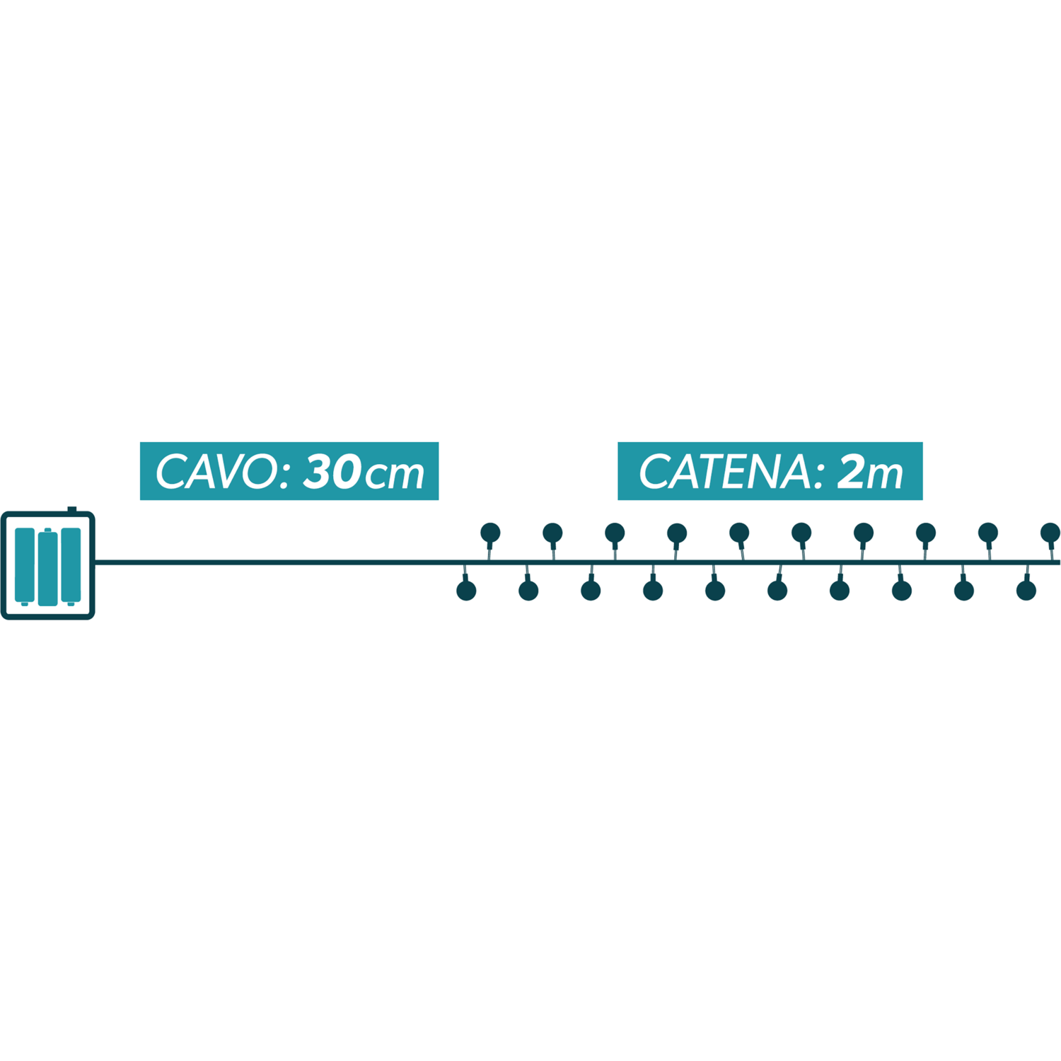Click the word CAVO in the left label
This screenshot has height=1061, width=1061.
pyautogui.click(x=217, y=472)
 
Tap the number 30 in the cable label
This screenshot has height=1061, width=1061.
pyautogui.click(x=332, y=472)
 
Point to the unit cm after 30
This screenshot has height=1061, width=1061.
pyautogui.click(x=395, y=475)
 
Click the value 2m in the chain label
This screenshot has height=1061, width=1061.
pyautogui.click(x=870, y=472)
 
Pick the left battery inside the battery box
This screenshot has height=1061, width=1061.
pyautogui.click(x=25, y=564)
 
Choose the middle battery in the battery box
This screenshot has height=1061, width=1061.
pyautogui.click(x=47, y=568)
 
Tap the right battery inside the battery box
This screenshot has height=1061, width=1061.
pyautogui.click(x=71, y=564)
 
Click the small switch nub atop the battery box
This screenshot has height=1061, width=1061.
pyautogui.click(x=72, y=509)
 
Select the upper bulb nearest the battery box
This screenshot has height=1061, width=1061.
pyautogui.click(x=490, y=533)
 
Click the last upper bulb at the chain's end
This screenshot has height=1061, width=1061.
pyautogui.click(x=1050, y=533)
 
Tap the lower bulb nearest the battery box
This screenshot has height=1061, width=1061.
pyautogui.click(x=466, y=591)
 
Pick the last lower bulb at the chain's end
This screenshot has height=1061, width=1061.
pyautogui.click(x=1026, y=591)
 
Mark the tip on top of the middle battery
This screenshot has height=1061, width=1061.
pyautogui.click(x=47, y=530)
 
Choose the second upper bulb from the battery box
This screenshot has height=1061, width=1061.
pyautogui.click(x=552, y=533)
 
